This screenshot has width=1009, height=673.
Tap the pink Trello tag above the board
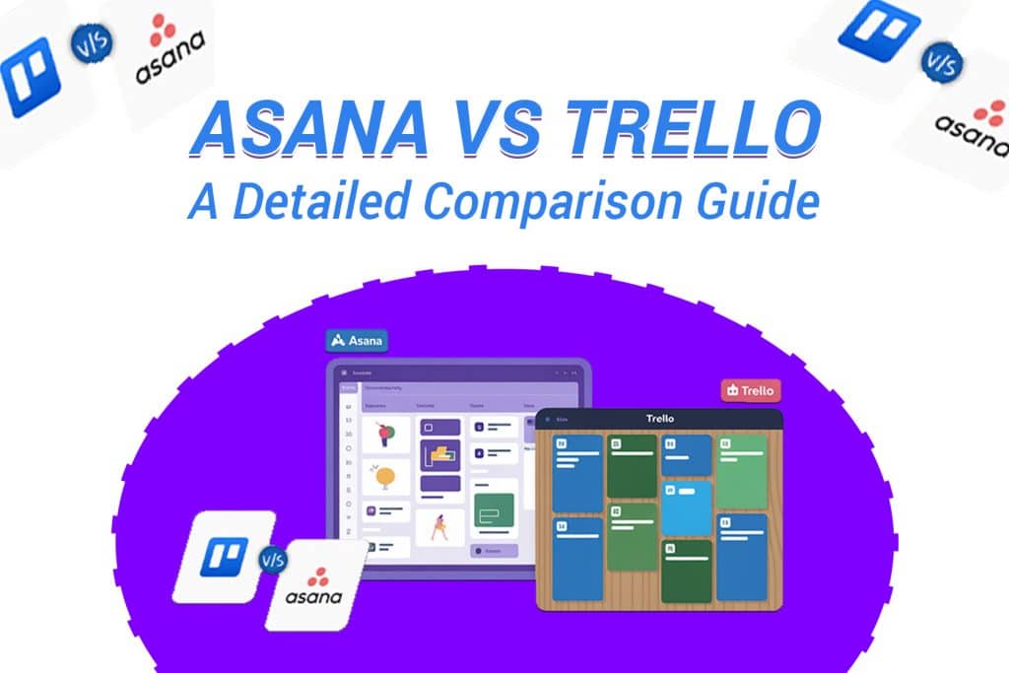751,390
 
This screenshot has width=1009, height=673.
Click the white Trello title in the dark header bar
660,419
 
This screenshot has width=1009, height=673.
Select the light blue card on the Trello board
686,507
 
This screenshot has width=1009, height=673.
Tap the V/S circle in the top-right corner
942,63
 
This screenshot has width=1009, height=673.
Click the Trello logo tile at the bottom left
224,557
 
